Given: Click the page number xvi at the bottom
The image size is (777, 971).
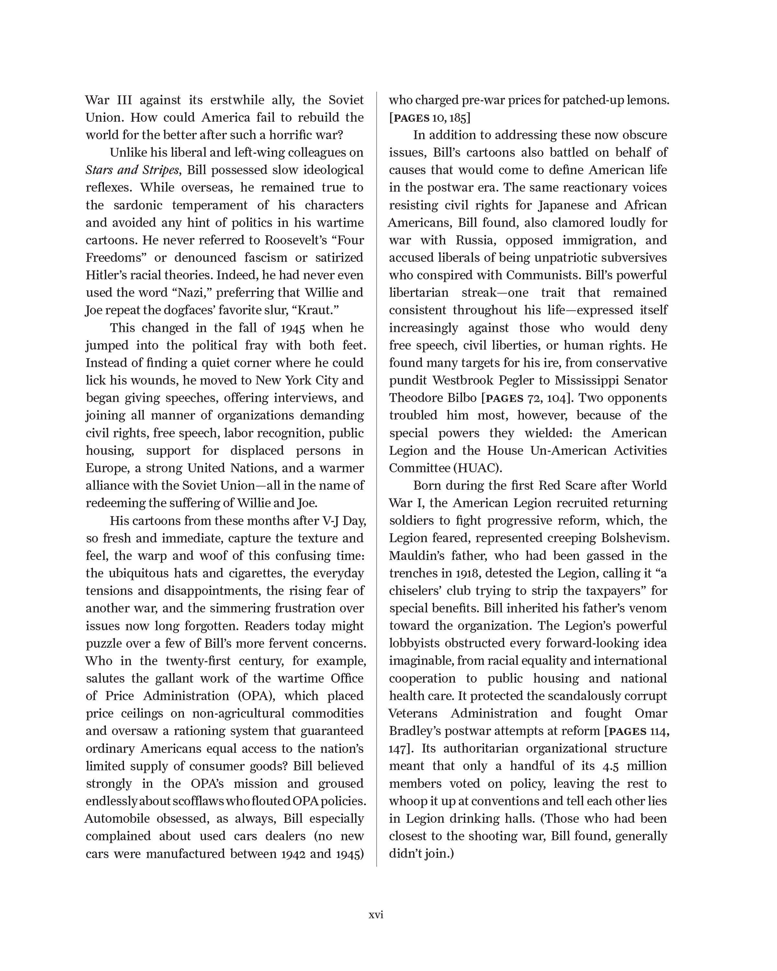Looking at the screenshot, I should (376, 915).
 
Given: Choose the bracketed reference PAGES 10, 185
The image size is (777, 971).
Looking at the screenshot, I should (430, 117).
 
